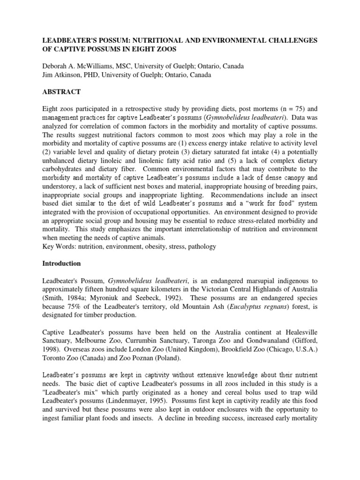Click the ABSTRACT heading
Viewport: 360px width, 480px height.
click(x=61, y=91)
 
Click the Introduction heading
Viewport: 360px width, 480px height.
click(x=62, y=263)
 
